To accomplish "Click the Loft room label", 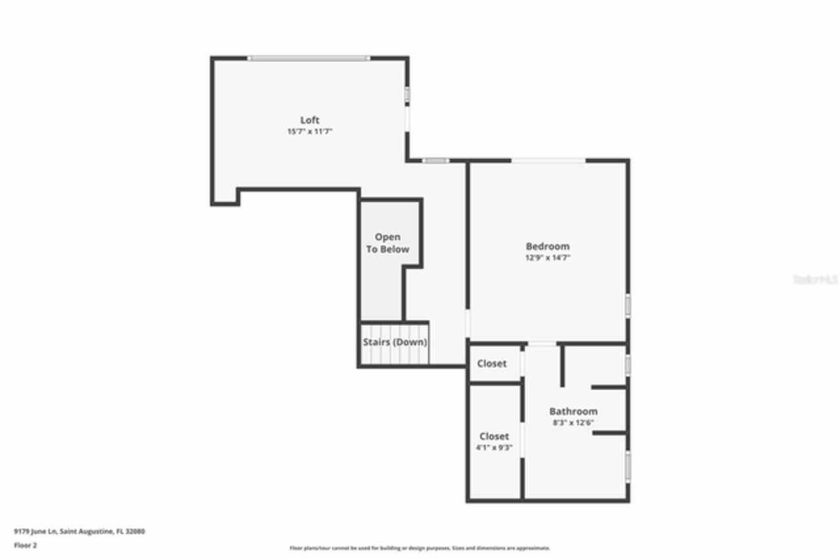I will tap(310, 120).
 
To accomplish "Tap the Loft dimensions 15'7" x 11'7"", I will tap(310, 132).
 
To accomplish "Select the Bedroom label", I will tap(547, 246).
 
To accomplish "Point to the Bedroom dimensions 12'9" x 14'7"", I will tap(547, 258).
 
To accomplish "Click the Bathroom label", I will tap(573, 411).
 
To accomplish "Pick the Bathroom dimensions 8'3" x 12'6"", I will tap(573, 423).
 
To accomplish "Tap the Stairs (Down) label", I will tap(395, 342).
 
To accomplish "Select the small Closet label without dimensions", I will tap(492, 363).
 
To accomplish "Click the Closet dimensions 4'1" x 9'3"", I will tap(493, 448).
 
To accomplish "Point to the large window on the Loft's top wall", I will tap(308, 58).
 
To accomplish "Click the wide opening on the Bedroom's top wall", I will tap(548, 160).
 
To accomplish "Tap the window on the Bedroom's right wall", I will tap(627, 305).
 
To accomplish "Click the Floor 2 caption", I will tap(26, 545).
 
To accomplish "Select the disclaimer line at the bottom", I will tap(420, 548).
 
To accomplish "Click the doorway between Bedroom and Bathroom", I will tap(542, 344).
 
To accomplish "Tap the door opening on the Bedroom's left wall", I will tap(467, 323).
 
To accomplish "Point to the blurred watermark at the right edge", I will tap(815, 279).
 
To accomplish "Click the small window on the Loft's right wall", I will tap(407, 95).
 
